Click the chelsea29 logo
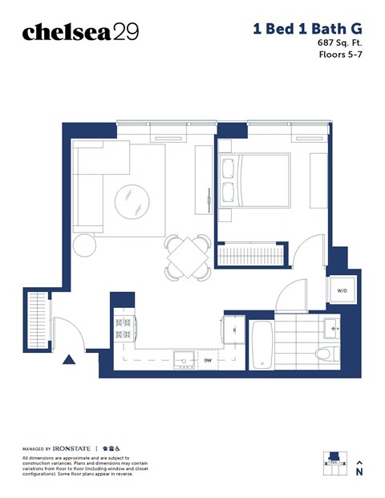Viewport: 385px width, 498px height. [80, 31]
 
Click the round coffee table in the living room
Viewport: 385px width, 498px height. [132, 202]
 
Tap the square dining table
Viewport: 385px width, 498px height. [188, 257]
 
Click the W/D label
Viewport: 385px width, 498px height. [342, 291]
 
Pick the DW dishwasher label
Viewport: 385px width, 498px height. [207, 361]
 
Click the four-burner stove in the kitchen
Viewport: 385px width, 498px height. [124, 328]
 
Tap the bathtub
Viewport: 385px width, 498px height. [262, 345]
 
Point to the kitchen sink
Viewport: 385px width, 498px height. [184, 360]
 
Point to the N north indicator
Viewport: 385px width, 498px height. [359, 472]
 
